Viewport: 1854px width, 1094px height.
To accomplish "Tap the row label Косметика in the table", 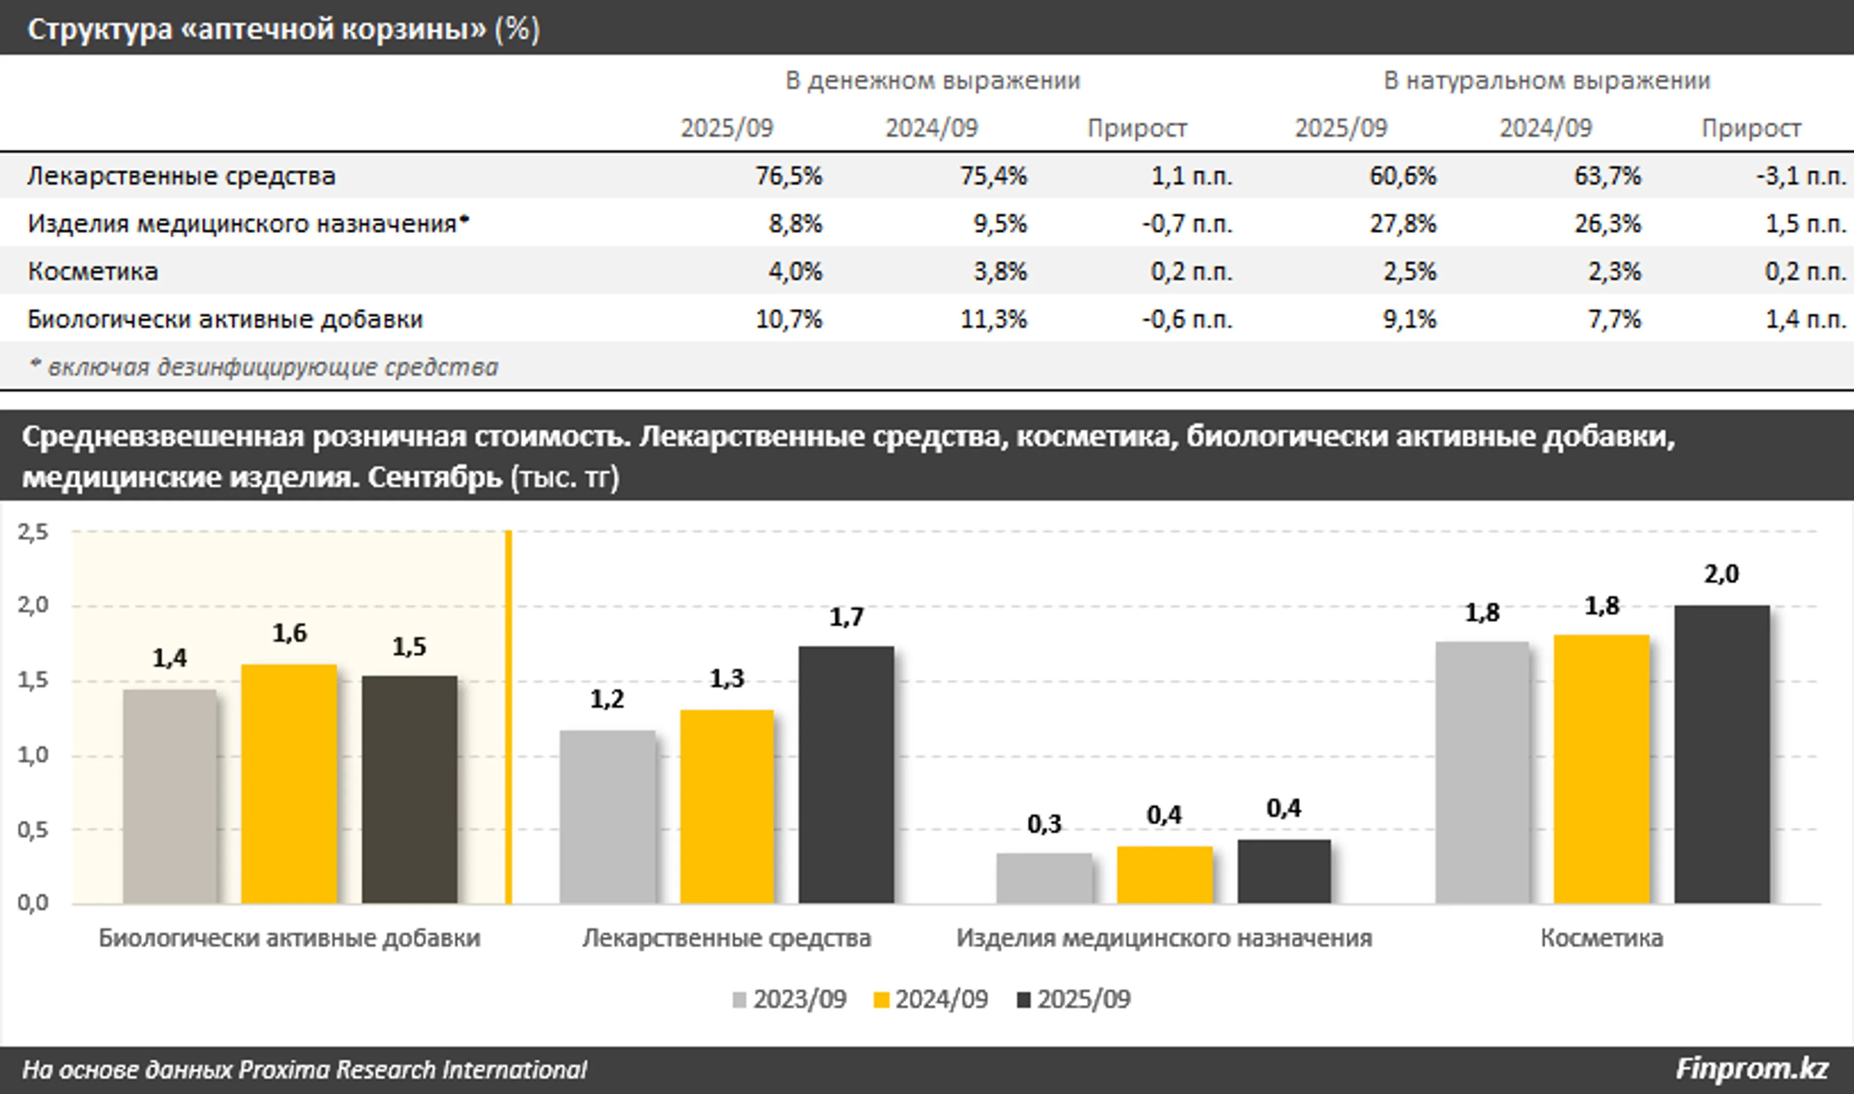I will tap(93, 271).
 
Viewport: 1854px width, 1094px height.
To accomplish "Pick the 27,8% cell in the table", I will tap(1403, 224).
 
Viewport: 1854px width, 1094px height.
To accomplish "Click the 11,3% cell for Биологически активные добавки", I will tap(993, 319).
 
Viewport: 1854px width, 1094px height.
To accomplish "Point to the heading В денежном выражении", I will tap(932, 80).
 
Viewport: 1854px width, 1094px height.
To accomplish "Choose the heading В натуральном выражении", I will tap(1546, 80).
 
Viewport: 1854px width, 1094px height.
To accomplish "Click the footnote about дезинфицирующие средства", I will tap(263, 367).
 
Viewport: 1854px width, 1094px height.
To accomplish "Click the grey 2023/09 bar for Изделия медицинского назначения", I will tap(1044, 878).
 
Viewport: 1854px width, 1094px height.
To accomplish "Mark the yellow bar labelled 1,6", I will tap(289, 784).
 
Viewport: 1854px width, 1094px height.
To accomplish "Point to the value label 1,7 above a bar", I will tap(846, 617).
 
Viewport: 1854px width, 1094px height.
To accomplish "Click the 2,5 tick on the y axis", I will tap(33, 532).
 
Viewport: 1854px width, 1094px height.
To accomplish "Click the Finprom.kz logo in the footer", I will tap(1752, 1069).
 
